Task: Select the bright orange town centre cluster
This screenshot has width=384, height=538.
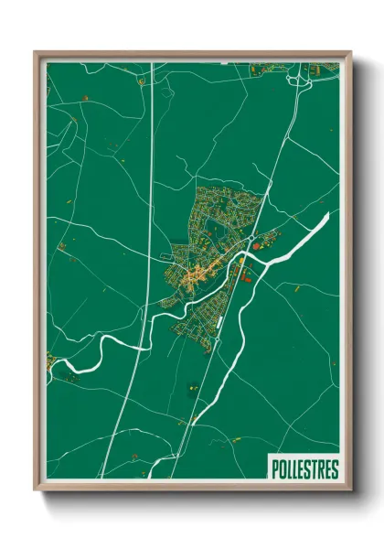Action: pos(194,274)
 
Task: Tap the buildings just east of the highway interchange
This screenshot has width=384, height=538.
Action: pos(322,69)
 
